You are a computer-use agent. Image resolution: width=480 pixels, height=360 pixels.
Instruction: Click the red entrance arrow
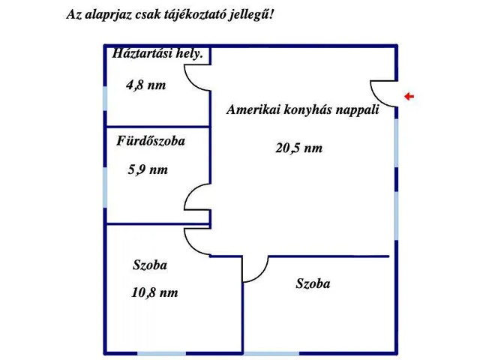pyautogui.click(x=409, y=97)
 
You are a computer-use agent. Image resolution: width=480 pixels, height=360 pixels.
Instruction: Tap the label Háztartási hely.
pyautogui.click(x=157, y=53)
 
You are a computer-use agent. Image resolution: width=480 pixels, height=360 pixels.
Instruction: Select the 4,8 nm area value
pyautogui.click(x=146, y=85)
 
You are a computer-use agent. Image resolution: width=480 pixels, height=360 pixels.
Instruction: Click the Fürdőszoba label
pyautogui.click(x=151, y=141)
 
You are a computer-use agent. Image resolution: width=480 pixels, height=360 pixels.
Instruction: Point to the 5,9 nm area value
pyautogui.click(x=148, y=169)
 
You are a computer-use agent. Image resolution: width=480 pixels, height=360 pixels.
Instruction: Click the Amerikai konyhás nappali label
pyautogui.click(x=303, y=109)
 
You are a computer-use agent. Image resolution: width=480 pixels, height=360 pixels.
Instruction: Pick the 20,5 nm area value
pyautogui.click(x=298, y=148)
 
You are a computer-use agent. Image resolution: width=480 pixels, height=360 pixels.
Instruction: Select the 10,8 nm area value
pyautogui.click(x=154, y=292)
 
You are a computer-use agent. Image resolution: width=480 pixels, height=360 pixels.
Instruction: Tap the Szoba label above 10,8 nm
pyautogui.click(x=150, y=265)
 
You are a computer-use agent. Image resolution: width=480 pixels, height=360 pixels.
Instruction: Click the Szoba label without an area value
pyautogui.click(x=313, y=283)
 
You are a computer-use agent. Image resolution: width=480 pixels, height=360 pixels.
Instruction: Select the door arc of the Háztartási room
pyautogui.click(x=192, y=83)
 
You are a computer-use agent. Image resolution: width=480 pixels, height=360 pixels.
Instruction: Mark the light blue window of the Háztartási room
pyautogui.click(x=105, y=98)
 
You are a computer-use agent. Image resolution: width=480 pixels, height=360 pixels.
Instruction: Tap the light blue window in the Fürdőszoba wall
pyautogui.click(x=105, y=187)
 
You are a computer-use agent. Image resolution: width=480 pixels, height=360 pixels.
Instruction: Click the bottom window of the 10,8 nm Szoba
pyautogui.click(x=161, y=353)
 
